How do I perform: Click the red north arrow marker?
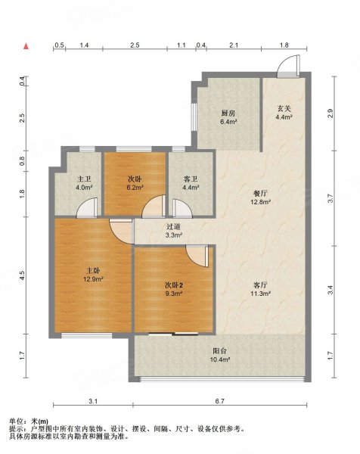[26, 47]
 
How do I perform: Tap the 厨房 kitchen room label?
[228, 113]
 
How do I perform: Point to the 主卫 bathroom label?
[83, 179]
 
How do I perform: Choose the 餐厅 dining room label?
[259, 192]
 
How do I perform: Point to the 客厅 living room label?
[262, 285]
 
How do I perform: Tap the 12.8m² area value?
[259, 202]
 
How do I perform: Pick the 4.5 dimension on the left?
[23, 275]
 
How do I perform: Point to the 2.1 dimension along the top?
[234, 46]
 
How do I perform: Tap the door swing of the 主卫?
[90, 207]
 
